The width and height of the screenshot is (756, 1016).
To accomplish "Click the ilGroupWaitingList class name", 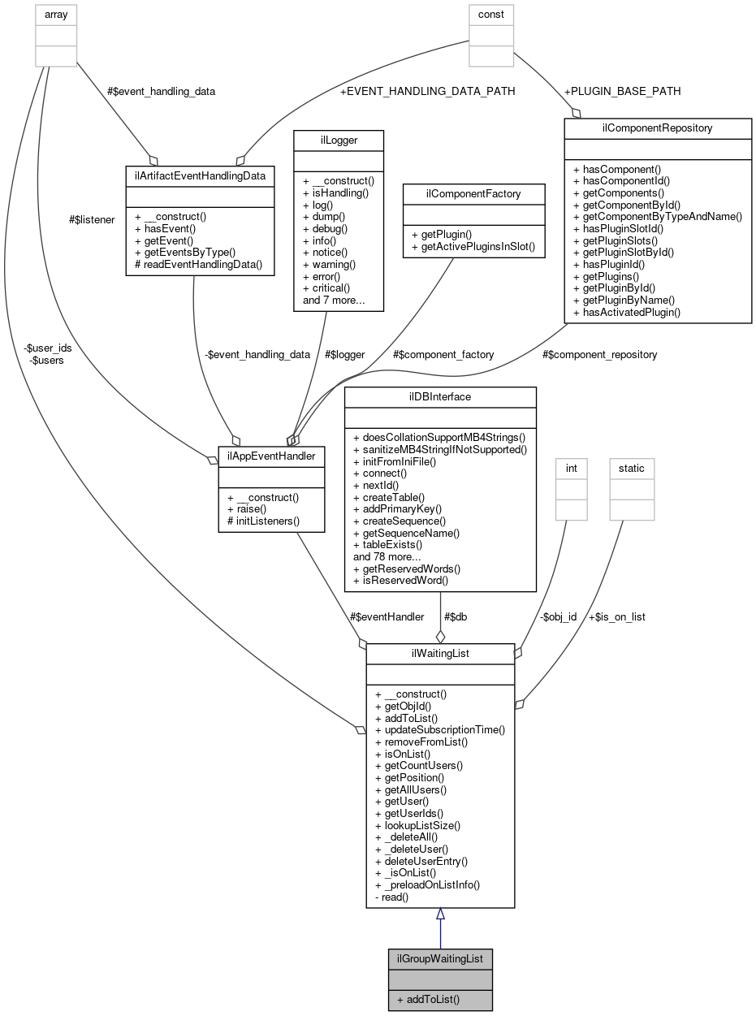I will (x=439, y=958).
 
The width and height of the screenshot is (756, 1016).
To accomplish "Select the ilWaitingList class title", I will (x=439, y=654).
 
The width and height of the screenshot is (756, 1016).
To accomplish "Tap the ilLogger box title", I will (x=337, y=141).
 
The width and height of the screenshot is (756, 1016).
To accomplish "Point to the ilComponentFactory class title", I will (x=473, y=194).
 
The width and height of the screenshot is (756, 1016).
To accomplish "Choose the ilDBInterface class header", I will (x=440, y=396).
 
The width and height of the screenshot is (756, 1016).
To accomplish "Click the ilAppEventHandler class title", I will (x=271, y=456).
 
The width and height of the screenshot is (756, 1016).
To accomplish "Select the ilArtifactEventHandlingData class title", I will (x=200, y=175).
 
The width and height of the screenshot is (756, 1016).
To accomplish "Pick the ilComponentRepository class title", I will (x=657, y=128).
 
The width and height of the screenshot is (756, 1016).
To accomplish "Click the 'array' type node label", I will (x=56, y=14).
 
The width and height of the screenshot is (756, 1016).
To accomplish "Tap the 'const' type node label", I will (x=490, y=14).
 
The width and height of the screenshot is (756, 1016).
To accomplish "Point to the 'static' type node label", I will (x=631, y=468).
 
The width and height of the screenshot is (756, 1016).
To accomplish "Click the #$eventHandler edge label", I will (x=389, y=616).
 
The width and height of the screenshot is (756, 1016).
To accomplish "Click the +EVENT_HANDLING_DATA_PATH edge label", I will (x=427, y=91).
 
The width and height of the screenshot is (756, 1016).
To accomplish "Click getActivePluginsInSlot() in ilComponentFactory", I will (x=473, y=246).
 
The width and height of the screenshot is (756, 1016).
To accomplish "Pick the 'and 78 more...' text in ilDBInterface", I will (x=387, y=557).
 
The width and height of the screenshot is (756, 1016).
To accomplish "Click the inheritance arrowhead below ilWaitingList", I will (x=440, y=914).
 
